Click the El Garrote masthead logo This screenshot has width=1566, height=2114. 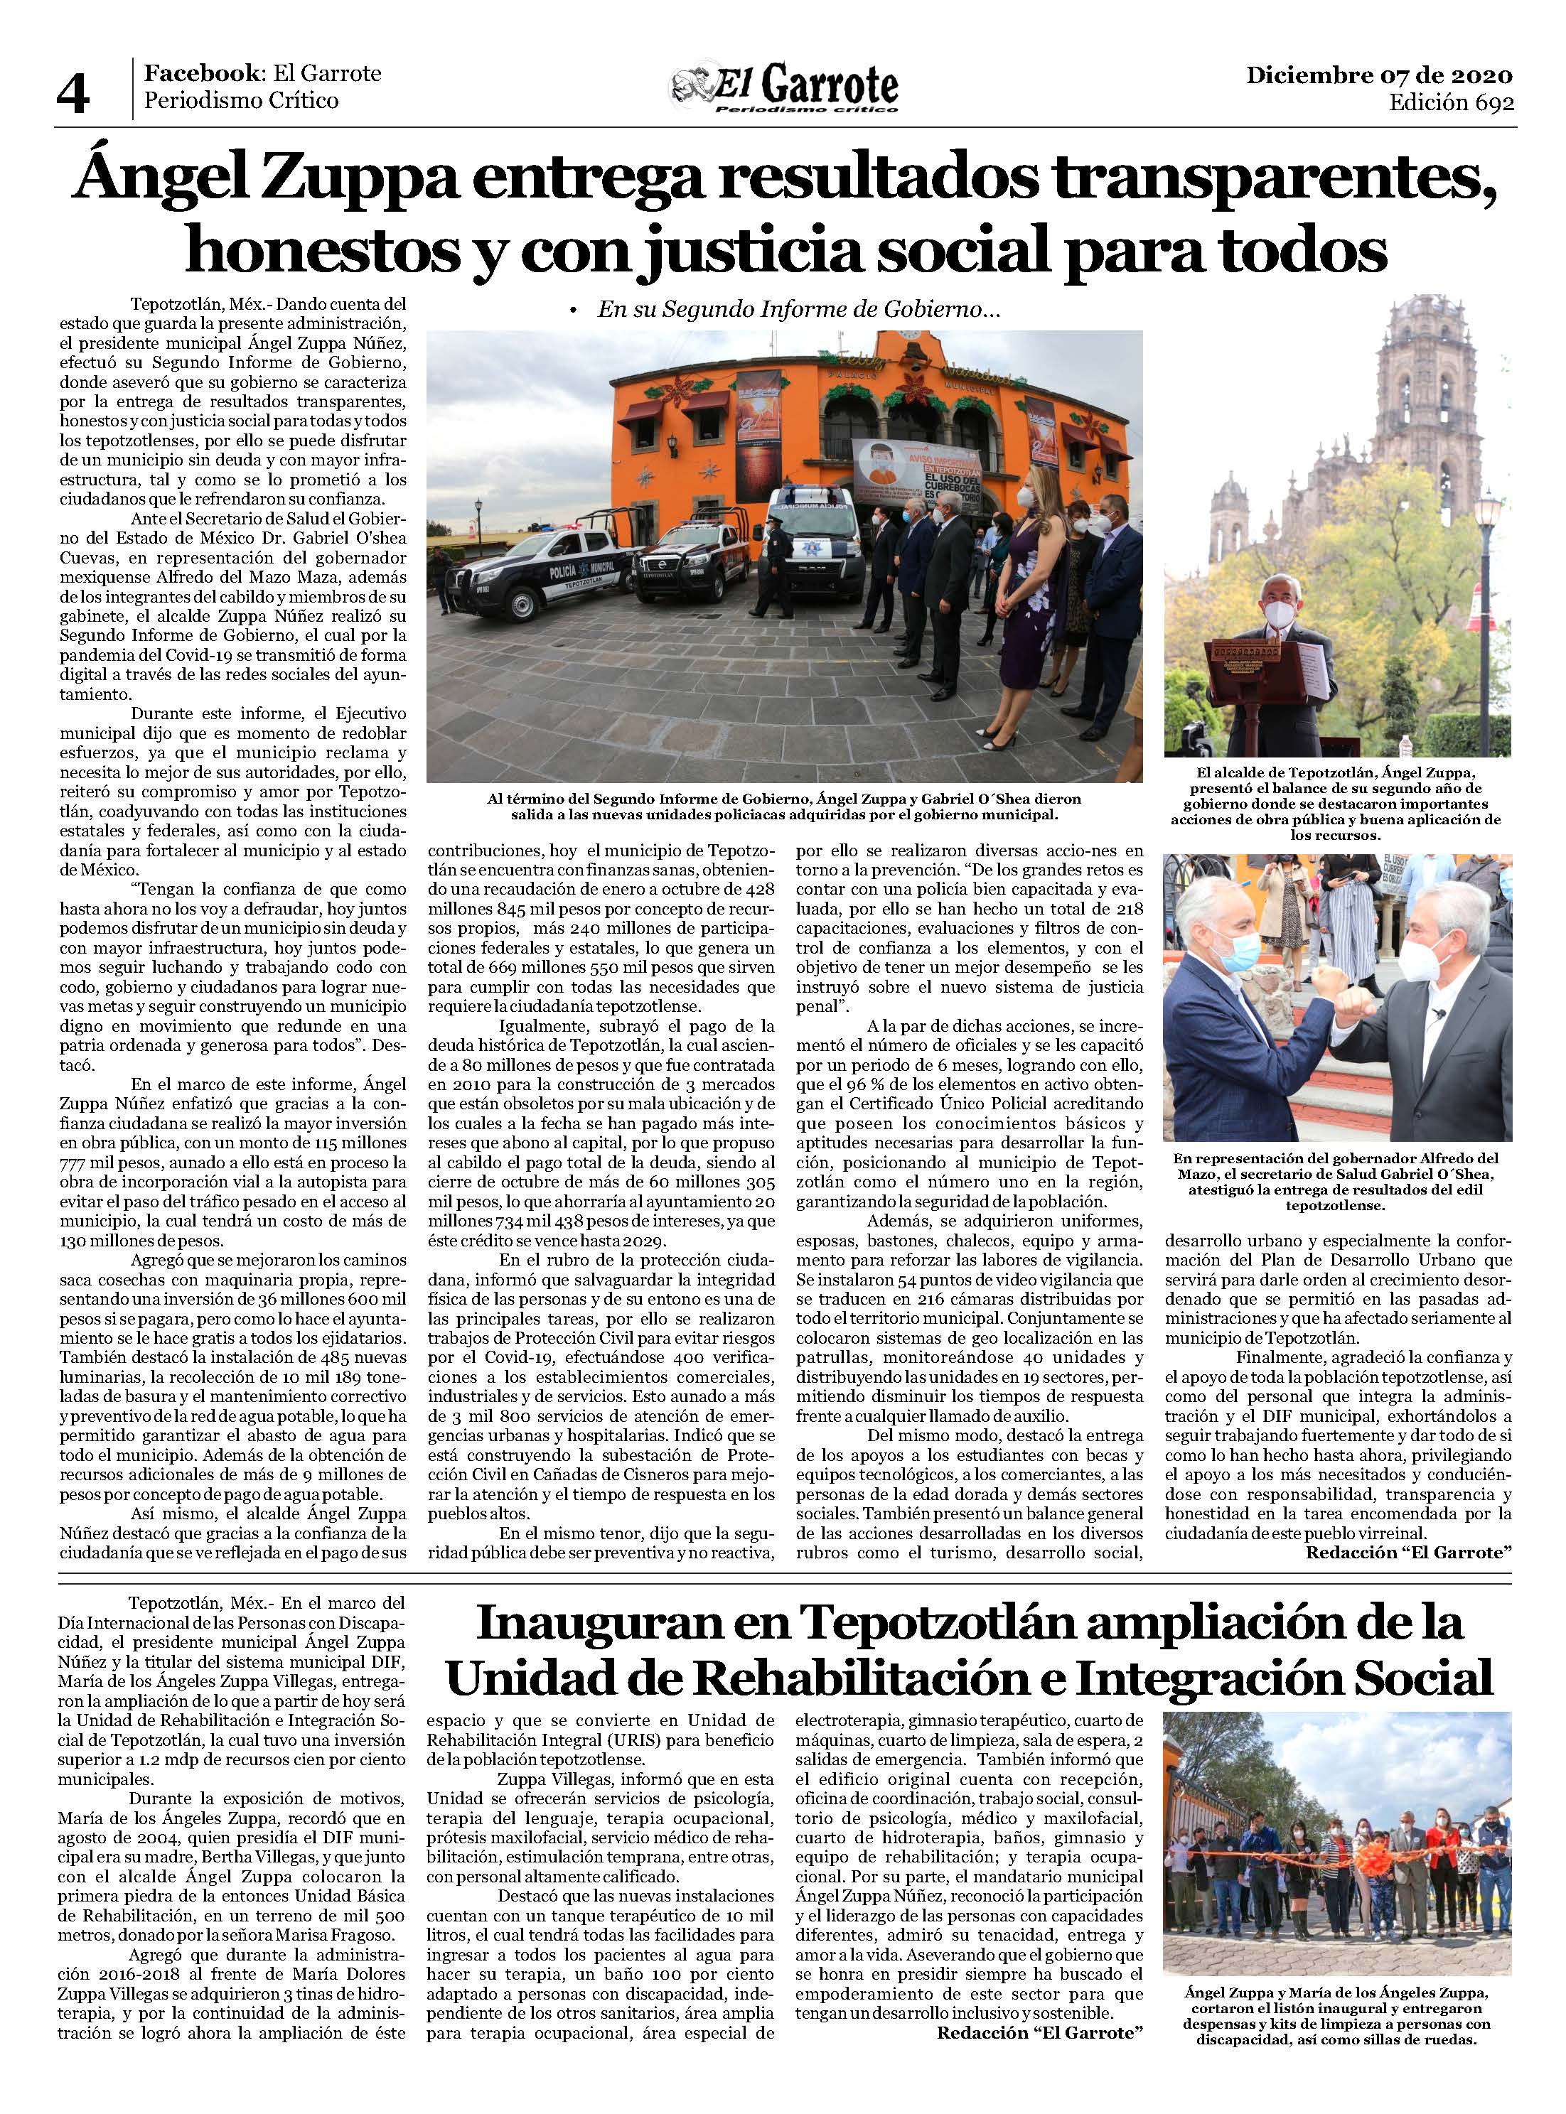point(784,88)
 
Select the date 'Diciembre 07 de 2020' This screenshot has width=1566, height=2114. point(1379,75)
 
